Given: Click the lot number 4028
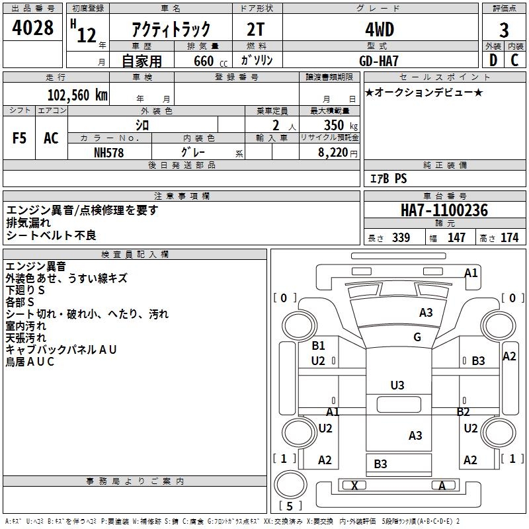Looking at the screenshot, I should pyautogui.click(x=33, y=29).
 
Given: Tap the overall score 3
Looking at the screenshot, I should pyautogui.click(x=504, y=30).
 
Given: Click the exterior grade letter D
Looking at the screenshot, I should pyautogui.click(x=493, y=60).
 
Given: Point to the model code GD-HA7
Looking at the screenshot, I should pyautogui.click(x=380, y=60).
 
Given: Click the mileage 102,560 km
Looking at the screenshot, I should pyautogui.click(x=77, y=95).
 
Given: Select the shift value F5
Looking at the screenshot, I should pyautogui.click(x=20, y=138).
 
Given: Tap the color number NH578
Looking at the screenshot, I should pyautogui.click(x=109, y=152).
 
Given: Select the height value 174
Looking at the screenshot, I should pyautogui.click(x=509, y=238).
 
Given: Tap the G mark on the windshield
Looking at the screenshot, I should pyautogui.click(x=417, y=337).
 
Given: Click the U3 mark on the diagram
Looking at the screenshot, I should pyautogui.click(x=397, y=385).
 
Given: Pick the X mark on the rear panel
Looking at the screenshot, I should pyautogui.click(x=355, y=485).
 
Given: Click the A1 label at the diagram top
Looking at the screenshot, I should pyautogui.click(x=471, y=272).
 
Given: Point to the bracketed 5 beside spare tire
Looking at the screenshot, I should pyautogui.click(x=289, y=506).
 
